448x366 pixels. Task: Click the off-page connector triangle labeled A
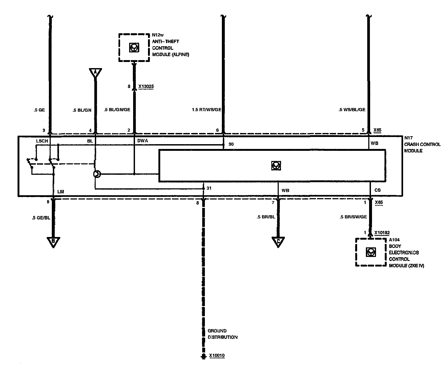(95, 73)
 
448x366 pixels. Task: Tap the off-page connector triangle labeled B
(53, 242)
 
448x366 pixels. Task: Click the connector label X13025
(146, 86)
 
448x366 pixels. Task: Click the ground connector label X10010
(217, 355)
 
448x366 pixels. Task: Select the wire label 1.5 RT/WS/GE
(206, 110)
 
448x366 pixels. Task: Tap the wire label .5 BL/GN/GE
(117, 110)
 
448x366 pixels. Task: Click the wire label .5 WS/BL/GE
(352, 110)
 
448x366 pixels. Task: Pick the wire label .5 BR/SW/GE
(353, 217)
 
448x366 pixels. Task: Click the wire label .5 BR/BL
(266, 217)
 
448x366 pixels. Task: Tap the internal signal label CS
(377, 190)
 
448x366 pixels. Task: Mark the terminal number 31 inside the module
(209, 188)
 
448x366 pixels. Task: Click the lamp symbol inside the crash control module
(97, 174)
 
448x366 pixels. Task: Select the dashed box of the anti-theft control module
(134, 48)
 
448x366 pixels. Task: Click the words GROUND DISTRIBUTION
(222, 334)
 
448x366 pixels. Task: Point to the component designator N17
(408, 138)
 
